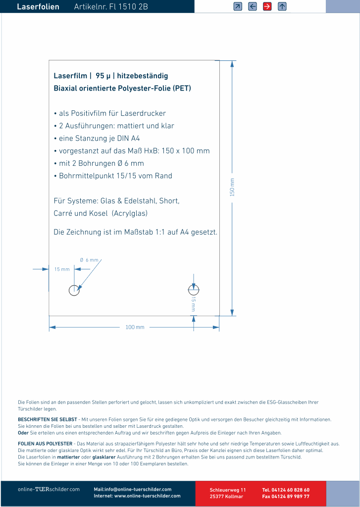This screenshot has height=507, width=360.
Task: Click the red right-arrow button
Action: point(267,6)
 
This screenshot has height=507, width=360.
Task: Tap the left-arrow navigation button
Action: point(253,6)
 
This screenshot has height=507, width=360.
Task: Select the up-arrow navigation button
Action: point(282,6)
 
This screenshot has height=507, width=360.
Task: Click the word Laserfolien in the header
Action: point(38,7)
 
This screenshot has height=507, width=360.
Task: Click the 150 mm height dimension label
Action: point(232,187)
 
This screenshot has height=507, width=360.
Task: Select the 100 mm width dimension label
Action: point(135,327)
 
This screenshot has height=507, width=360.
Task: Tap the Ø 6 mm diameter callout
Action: point(90,260)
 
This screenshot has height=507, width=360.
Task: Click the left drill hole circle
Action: point(74,290)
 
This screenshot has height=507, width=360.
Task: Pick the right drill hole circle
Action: point(194,290)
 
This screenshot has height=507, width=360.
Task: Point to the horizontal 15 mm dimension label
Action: point(62,269)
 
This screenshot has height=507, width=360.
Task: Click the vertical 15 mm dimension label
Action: point(194,304)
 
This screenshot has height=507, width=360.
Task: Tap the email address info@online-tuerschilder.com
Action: point(138,489)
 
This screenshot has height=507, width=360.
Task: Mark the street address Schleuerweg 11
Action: point(228,490)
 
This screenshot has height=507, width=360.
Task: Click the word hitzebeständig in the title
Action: point(143,76)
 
